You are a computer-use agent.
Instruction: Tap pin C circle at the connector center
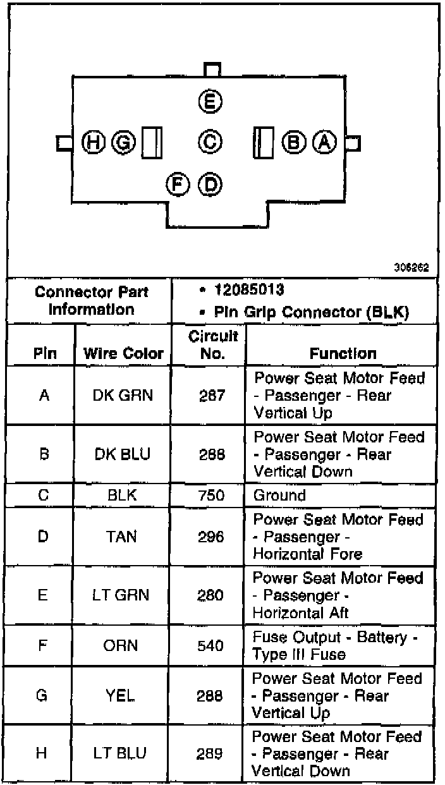(210, 142)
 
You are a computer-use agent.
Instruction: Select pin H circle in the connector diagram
(94, 142)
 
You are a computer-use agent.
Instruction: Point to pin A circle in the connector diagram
(325, 142)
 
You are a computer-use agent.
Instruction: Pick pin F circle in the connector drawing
(178, 183)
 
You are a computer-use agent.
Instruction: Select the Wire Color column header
(123, 354)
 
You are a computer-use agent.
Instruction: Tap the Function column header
(343, 354)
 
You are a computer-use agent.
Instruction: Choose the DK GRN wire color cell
(123, 396)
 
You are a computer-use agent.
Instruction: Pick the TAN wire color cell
(123, 537)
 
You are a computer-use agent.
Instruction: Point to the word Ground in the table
(279, 495)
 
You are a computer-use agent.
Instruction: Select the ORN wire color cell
(123, 646)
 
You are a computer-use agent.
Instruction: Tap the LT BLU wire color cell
(123, 753)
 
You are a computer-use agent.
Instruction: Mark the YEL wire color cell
(123, 696)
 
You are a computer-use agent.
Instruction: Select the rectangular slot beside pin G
(152, 142)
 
